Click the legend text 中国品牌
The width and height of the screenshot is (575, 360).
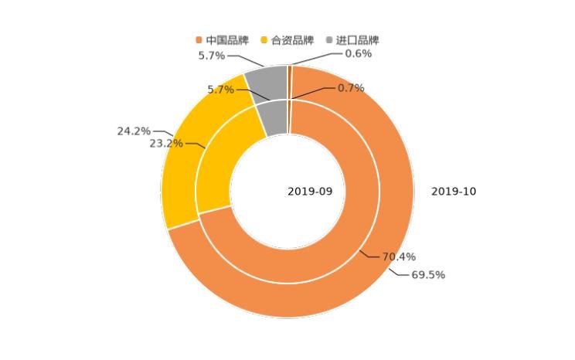pyautogui.click(x=227, y=39)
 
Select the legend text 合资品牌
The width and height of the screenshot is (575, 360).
pyautogui.click(x=292, y=39)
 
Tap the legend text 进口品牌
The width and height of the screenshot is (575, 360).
pyautogui.click(x=358, y=39)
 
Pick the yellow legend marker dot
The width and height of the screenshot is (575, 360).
pyautogui.click(x=264, y=39)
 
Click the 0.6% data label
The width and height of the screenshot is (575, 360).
pyautogui.click(x=358, y=53)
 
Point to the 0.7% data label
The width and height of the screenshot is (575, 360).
pyautogui.click(x=350, y=88)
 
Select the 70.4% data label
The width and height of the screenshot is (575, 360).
pyautogui.click(x=399, y=256)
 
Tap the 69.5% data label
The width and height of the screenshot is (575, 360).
pyautogui.click(x=427, y=275)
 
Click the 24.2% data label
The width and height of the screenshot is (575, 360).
pyautogui.click(x=134, y=131)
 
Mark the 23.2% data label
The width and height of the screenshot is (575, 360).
pyautogui.click(x=166, y=143)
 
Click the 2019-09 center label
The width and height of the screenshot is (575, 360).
pyautogui.click(x=310, y=192)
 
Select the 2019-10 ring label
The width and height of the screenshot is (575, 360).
pyautogui.click(x=454, y=192)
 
